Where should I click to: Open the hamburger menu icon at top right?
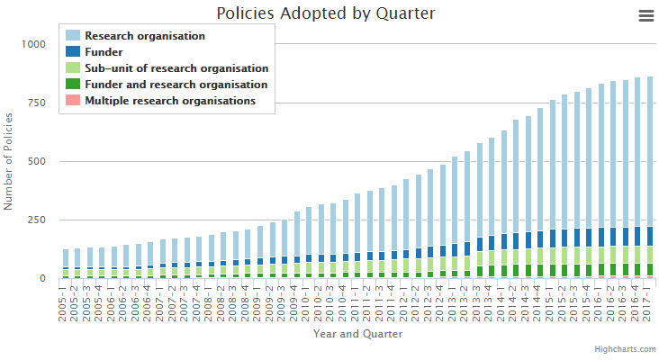pyautogui.click(x=645, y=15)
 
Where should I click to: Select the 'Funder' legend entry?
pyautogui.click(x=104, y=52)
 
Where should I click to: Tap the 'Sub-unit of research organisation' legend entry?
pyautogui.click(x=176, y=68)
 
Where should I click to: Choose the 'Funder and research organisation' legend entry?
pyautogui.click(x=175, y=85)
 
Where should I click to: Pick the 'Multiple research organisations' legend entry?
pyautogui.click(x=169, y=101)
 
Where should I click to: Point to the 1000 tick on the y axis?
pyautogui.click(x=34, y=44)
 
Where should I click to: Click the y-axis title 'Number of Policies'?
pyautogui.click(x=9, y=161)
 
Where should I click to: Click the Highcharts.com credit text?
pyautogui.click(x=621, y=348)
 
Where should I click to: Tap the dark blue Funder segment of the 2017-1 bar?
pyautogui.click(x=650, y=236)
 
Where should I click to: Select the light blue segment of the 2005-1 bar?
pyautogui.click(x=65, y=257)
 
